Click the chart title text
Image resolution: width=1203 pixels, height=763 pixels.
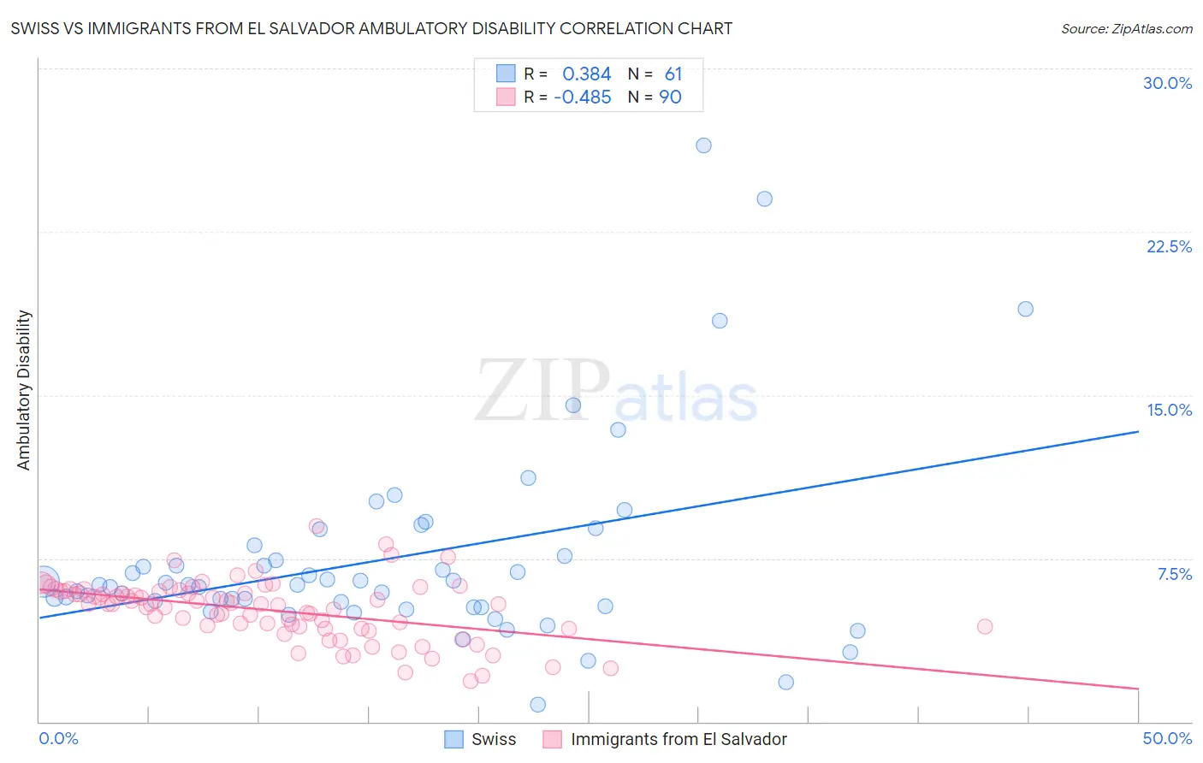[x=371, y=28]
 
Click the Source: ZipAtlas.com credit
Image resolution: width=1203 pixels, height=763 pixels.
[x=1126, y=28]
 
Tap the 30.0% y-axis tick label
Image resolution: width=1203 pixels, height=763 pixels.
[x=1167, y=83]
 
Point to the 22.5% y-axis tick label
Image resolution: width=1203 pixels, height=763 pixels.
[x=1169, y=246]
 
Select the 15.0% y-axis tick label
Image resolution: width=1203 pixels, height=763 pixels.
[x=1169, y=410]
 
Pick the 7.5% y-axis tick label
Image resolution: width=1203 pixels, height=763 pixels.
[x=1174, y=574]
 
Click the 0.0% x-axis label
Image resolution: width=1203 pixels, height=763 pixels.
[x=58, y=738]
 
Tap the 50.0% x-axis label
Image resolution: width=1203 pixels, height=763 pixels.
[x=1167, y=738]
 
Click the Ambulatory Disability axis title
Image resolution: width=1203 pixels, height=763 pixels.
[x=24, y=389]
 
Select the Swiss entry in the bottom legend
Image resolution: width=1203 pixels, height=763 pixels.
[x=493, y=739]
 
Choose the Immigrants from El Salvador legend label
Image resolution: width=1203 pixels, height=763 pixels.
[x=678, y=739]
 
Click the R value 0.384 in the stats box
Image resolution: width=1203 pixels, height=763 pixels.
[x=586, y=74]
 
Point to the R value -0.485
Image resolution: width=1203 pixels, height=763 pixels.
[x=582, y=98]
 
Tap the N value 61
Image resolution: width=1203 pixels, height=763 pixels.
[x=673, y=74]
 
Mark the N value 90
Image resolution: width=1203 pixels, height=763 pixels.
[x=670, y=98]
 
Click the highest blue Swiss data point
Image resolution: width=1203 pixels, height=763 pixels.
[x=703, y=145]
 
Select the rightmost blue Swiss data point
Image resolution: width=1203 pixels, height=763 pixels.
[x=1025, y=309]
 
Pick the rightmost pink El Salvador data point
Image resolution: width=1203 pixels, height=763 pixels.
[x=985, y=626]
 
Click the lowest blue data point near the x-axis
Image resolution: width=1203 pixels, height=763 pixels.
[x=537, y=705]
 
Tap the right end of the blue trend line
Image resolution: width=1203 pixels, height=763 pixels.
[x=1138, y=432]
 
